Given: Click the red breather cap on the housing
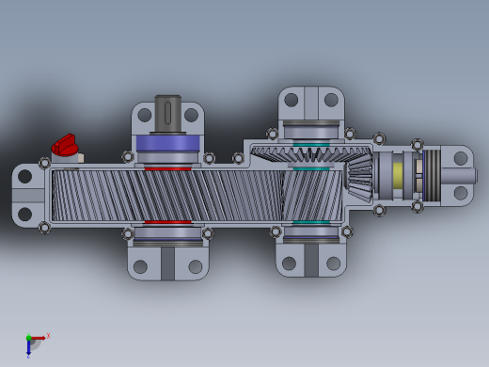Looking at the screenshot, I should pyautogui.click(x=65, y=145).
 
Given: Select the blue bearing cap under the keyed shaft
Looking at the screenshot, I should pyautogui.click(x=167, y=143).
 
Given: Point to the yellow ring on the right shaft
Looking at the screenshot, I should pyautogui.click(x=399, y=174).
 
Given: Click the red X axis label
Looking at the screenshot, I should pyautogui.click(x=48, y=336).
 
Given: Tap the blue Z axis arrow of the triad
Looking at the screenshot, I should pyautogui.click(x=28, y=349).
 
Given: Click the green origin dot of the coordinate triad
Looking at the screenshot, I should pyautogui.click(x=28, y=338).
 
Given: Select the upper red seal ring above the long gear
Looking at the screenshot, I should pyautogui.click(x=167, y=168).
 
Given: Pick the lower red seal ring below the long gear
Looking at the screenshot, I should pyautogui.click(x=167, y=223).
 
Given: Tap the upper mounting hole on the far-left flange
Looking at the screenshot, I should pyautogui.click(x=25, y=177).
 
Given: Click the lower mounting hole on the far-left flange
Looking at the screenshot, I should pyautogui.click(x=25, y=214).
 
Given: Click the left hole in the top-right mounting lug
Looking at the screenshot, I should pyautogui.click(x=292, y=100).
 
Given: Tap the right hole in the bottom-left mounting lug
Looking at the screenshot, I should pyautogui.click(x=196, y=266).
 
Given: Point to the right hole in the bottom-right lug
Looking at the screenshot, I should pyautogui.click(x=333, y=263).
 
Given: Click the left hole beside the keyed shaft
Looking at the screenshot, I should pyautogui.click(x=144, y=115).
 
